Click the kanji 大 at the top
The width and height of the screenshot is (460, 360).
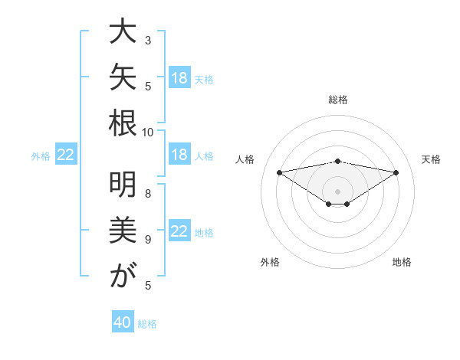tap(123, 31)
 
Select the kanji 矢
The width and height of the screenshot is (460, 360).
tap(123, 77)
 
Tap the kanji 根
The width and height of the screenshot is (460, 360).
tap(123, 123)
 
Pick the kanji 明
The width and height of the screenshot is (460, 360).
tap(123, 185)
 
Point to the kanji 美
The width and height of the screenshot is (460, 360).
tap(123, 230)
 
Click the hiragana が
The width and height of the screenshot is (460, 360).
tap(123, 275)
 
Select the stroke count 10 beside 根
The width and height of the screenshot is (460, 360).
tap(147, 133)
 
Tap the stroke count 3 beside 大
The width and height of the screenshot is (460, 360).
tap(148, 40)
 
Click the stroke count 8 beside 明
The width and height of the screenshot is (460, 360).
tap(148, 194)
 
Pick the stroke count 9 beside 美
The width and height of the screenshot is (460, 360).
tap(148, 240)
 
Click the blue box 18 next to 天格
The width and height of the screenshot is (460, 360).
tap(179, 77)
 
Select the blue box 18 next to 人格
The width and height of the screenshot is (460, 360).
tap(179, 154)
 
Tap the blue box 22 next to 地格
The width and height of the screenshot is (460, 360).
tap(179, 230)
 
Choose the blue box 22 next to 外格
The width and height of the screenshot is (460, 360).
tap(66, 154)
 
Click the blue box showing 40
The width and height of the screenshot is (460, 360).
tap(123, 321)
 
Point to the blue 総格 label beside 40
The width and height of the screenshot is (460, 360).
tap(147, 324)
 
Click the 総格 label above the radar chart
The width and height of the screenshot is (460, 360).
tap(338, 100)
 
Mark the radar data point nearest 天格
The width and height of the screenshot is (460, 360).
tap(396, 172)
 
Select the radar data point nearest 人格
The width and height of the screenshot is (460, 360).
tap(279, 172)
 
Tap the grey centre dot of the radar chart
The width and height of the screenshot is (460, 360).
tap(337, 191)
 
